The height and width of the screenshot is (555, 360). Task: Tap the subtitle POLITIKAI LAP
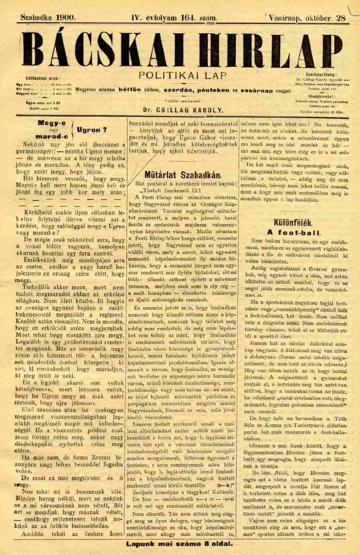point(177,76)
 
